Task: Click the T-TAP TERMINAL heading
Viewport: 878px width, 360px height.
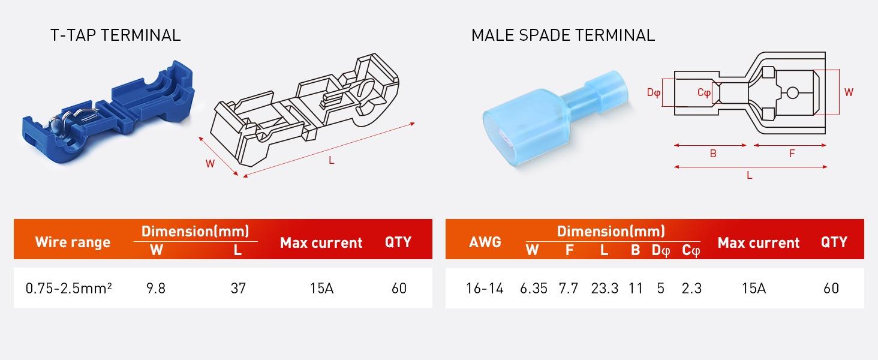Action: point(116,35)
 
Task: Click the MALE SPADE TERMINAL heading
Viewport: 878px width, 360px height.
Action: point(563,35)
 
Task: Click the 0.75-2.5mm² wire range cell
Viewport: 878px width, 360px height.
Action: point(69,289)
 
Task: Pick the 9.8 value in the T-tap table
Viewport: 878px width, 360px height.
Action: point(156,289)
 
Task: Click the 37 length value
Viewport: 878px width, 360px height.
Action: point(238,289)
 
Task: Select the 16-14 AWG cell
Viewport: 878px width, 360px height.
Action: point(485,289)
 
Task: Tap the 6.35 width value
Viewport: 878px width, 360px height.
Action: point(534,289)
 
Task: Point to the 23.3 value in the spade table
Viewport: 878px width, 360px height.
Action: point(605,289)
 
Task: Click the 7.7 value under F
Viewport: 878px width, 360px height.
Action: point(569,289)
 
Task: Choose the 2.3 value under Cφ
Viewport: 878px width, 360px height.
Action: point(691,289)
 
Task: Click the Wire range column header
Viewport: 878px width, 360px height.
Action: point(73,242)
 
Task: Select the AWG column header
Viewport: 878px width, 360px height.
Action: point(485,242)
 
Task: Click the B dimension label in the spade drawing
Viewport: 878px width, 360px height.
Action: point(713,154)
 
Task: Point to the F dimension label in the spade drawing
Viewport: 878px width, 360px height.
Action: point(792,154)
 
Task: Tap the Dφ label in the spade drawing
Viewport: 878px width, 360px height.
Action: point(653,93)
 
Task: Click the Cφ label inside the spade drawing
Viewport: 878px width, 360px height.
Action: point(704,93)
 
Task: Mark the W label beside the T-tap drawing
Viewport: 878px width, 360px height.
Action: point(210,164)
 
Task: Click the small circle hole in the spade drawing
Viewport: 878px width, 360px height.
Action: point(792,92)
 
